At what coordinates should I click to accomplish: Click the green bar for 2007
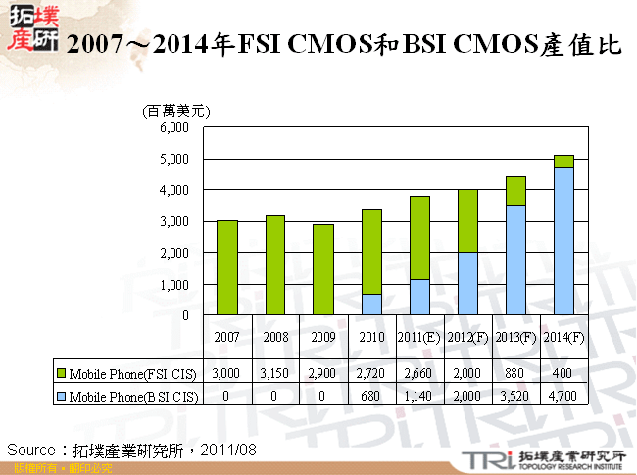click(226, 267)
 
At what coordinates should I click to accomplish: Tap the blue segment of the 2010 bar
click(370, 305)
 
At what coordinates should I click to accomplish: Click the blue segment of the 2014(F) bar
click(563, 241)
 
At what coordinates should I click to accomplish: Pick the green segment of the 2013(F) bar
click(515, 190)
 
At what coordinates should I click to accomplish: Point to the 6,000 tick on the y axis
click(172, 127)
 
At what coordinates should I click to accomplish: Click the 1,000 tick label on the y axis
click(172, 284)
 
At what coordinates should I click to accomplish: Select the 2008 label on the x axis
click(275, 338)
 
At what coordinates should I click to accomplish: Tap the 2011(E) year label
click(419, 338)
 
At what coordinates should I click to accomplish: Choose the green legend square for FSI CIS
click(60, 373)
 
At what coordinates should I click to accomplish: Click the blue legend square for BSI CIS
click(60, 396)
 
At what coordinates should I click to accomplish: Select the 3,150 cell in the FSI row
click(275, 373)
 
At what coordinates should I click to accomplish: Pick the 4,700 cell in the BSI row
click(563, 396)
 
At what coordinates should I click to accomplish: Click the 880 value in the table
click(515, 373)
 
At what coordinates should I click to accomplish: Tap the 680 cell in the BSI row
click(371, 396)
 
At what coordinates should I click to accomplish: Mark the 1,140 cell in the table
click(419, 396)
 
